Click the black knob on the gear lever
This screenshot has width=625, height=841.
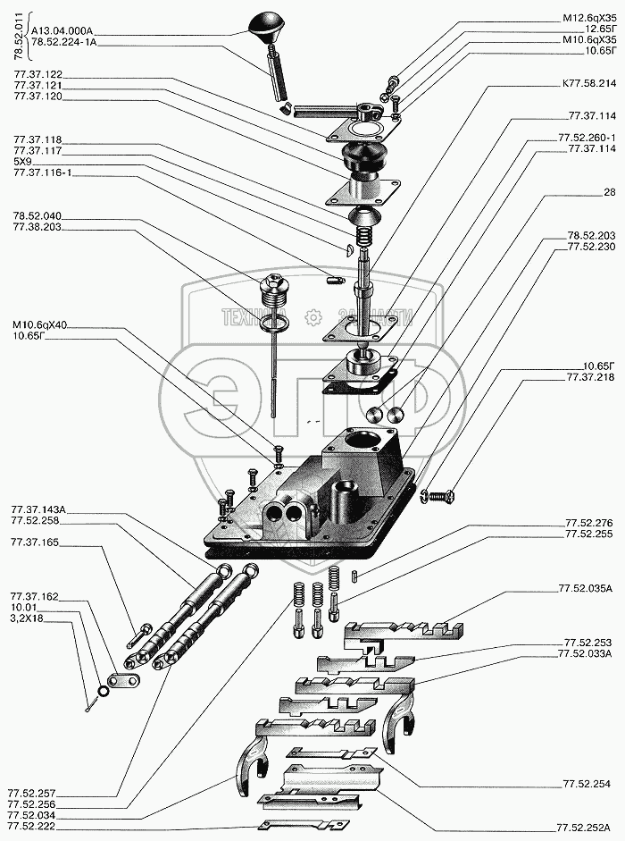(268, 25)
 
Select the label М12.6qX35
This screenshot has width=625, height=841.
(589, 17)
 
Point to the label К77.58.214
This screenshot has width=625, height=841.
(589, 83)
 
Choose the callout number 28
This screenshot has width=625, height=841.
(610, 192)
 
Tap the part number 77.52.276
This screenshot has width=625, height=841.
(588, 522)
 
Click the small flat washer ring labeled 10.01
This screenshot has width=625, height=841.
(104, 690)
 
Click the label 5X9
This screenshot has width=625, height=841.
(23, 161)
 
